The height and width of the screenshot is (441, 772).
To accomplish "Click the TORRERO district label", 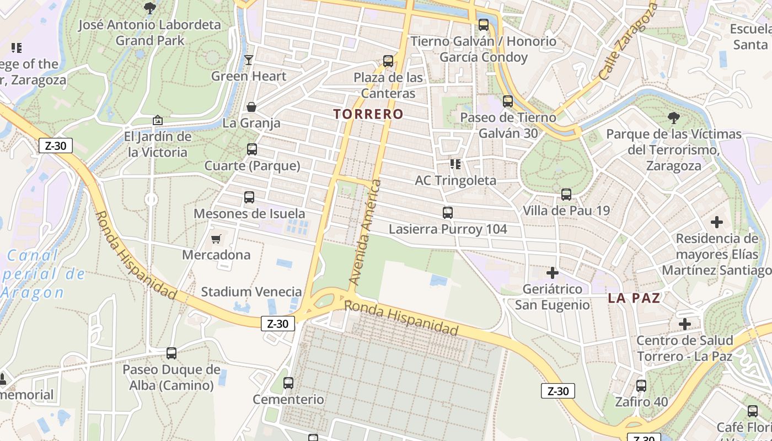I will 368,114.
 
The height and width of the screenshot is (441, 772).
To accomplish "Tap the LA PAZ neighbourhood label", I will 634,298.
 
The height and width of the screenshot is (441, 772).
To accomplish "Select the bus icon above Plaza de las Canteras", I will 388,61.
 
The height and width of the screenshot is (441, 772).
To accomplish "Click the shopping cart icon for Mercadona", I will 216,239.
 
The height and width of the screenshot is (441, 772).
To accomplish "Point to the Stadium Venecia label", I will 251,292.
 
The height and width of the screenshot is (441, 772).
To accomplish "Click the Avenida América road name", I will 365,232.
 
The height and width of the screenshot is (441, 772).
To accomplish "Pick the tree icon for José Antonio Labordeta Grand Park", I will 149,8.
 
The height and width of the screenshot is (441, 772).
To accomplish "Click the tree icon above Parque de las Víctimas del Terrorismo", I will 673,117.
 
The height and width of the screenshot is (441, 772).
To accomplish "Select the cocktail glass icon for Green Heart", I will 249,60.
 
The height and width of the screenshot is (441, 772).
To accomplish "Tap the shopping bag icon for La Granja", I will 251,107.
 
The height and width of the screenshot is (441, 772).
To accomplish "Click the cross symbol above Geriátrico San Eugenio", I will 552,273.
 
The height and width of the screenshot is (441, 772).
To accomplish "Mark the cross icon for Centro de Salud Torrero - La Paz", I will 685,324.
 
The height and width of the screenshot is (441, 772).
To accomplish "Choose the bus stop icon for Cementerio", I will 288,383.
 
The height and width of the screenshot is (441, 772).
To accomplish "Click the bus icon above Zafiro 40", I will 641,386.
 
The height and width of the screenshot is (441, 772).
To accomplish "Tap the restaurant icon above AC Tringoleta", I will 455,164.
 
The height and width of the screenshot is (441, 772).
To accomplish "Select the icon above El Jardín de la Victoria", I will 158,120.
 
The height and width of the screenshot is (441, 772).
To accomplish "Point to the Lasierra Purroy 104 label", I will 447,229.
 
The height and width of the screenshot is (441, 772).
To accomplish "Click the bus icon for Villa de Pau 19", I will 566,194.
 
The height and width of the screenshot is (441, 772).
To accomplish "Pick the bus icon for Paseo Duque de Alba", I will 171,353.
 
